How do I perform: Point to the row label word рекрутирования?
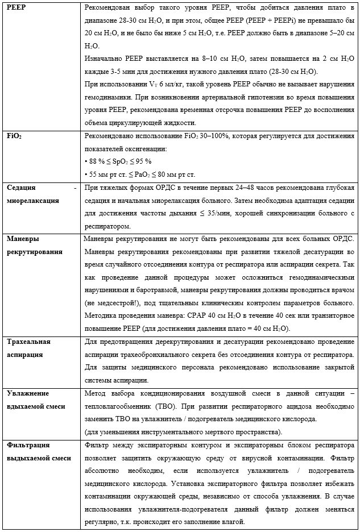point(34,252)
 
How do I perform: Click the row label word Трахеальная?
point(28,342)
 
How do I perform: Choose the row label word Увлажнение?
point(27,393)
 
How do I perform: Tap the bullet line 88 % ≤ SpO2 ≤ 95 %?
point(118,161)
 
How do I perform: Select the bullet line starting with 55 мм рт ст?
point(139,174)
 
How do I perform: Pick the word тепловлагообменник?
point(119,406)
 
